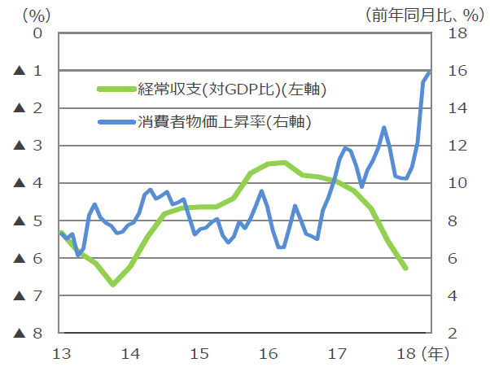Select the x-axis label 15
199,353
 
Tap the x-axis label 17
338,353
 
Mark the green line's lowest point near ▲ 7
113,284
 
